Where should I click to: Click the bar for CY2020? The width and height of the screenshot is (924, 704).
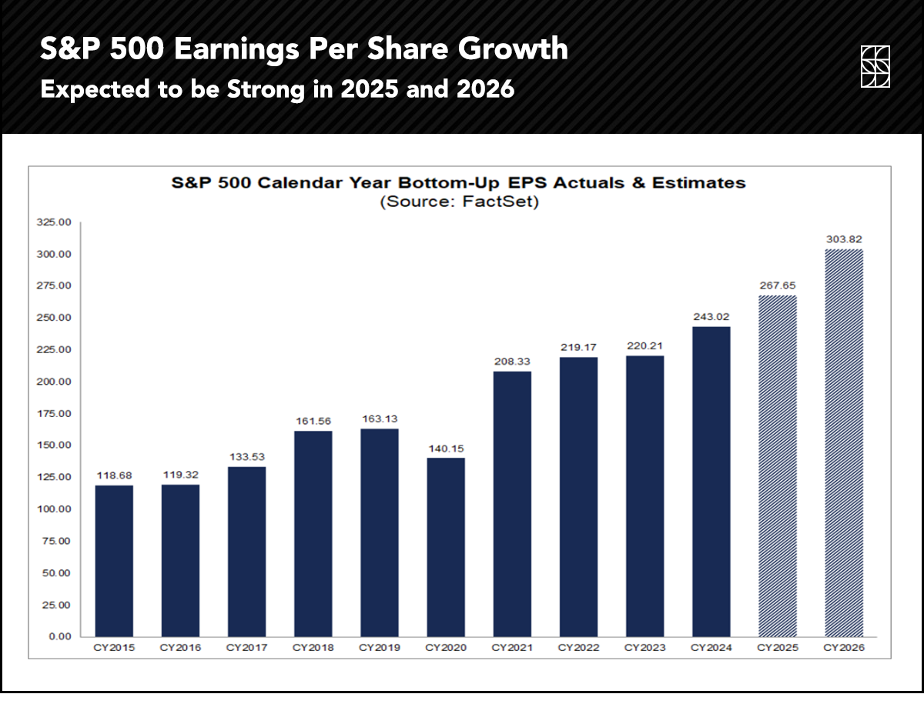(446, 547)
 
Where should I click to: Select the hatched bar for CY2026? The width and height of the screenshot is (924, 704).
(844, 442)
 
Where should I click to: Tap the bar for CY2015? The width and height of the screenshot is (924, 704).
(115, 561)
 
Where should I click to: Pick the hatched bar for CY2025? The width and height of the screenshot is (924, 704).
(778, 465)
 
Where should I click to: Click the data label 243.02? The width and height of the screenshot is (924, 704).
(711, 315)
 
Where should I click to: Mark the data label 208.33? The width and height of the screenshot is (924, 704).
(512, 361)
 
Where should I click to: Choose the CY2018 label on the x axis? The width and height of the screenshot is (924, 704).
(313, 649)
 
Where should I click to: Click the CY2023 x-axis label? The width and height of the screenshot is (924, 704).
(644, 649)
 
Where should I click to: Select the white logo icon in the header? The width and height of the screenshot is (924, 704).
(875, 66)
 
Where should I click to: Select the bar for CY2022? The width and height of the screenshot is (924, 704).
(578, 496)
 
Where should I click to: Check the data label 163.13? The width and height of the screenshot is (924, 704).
(380, 419)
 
